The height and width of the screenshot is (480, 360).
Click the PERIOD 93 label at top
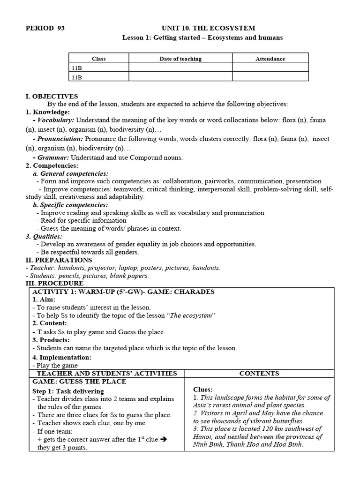[45, 28]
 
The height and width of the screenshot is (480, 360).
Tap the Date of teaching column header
[180, 59]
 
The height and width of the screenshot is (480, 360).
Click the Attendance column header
[270, 59]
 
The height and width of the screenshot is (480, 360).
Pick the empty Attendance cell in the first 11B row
[270, 67]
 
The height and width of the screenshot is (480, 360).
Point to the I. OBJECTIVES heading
[52, 96]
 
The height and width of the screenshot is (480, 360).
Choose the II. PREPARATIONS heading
[59, 260]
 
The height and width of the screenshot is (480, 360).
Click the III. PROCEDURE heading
[54, 283]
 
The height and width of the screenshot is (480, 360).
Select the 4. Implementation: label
[62, 357]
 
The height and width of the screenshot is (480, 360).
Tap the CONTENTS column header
[259, 373]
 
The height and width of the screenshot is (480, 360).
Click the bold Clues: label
[202, 390]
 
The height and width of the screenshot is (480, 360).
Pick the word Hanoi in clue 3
[202, 437]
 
